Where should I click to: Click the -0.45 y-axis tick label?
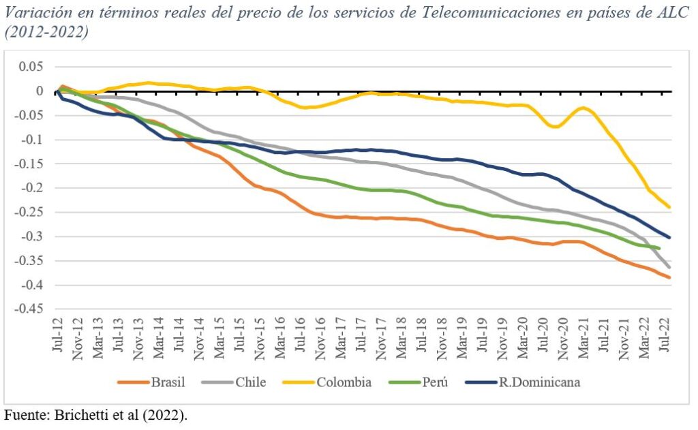point(29,309)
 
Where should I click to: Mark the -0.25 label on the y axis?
point(29,212)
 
